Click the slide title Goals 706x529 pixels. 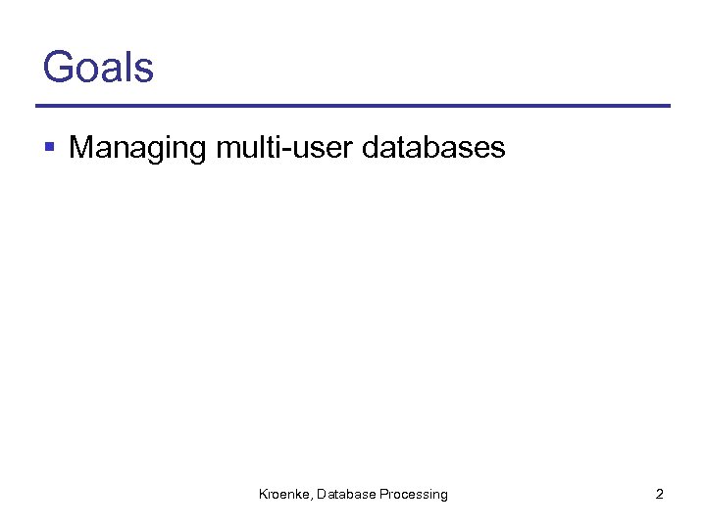pyautogui.click(x=98, y=68)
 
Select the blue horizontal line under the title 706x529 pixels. pyautogui.click(x=353, y=106)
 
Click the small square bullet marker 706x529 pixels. pyautogui.click(x=50, y=149)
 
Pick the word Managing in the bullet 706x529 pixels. pyautogui.click(x=138, y=149)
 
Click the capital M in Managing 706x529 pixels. pyautogui.click(x=82, y=147)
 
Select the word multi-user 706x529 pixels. pyautogui.click(x=284, y=148)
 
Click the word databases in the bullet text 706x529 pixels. pyautogui.click(x=434, y=148)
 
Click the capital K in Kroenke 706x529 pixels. pyautogui.click(x=263, y=495)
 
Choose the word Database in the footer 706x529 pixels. pyautogui.click(x=348, y=495)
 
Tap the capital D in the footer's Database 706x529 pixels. pyautogui.click(x=323, y=495)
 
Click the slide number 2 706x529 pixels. pyautogui.click(x=659, y=495)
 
